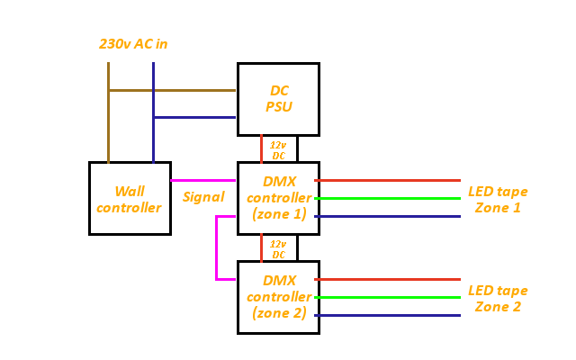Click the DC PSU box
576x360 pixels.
click(278, 99)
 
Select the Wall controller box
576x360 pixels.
click(130, 198)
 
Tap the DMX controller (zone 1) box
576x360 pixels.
click(278, 198)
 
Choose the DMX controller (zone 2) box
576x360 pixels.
click(278, 297)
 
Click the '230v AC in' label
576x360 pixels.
click(133, 43)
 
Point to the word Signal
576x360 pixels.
click(203, 197)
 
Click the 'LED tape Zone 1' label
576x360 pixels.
click(498, 200)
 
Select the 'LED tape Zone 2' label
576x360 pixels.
click(498, 299)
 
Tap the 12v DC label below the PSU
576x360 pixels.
click(279, 149)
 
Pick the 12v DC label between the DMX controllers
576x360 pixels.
click(279, 248)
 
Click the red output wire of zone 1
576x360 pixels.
click(387, 180)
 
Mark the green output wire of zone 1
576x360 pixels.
click(387, 198)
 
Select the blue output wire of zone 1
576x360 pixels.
click(387, 216)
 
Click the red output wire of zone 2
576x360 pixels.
click(387, 279)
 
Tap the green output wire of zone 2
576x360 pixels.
click(387, 297)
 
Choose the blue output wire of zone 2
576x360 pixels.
click(387, 315)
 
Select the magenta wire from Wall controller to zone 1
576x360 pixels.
click(203, 180)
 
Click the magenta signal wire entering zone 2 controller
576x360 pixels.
click(227, 279)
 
